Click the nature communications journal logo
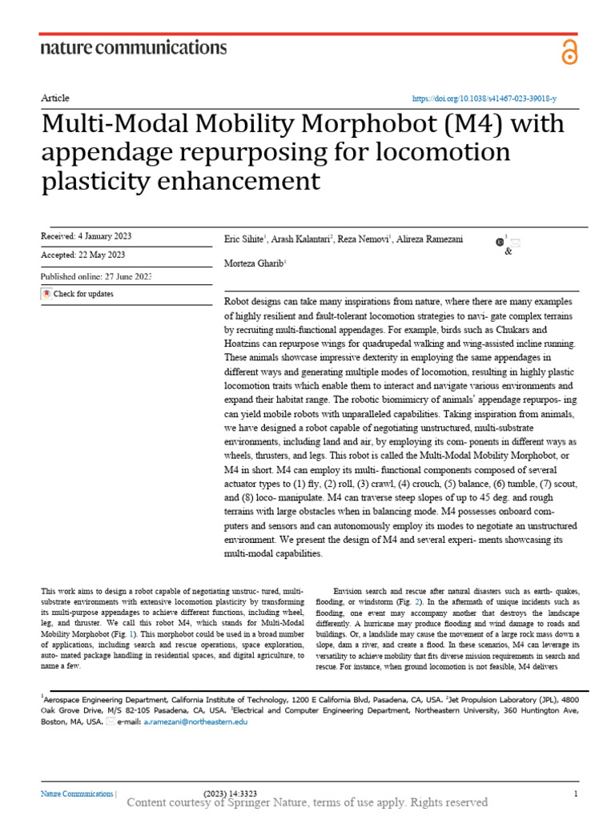click(x=133, y=48)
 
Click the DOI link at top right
click(x=484, y=98)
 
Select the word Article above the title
click(x=54, y=98)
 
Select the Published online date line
click(x=95, y=276)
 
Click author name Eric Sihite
click(x=243, y=239)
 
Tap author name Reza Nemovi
click(x=363, y=239)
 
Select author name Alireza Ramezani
click(x=433, y=239)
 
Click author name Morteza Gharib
click(x=251, y=263)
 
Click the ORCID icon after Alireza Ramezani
click(x=500, y=240)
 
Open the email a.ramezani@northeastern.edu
click(x=195, y=722)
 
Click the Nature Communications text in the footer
click(x=77, y=794)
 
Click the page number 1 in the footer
click(x=576, y=794)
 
